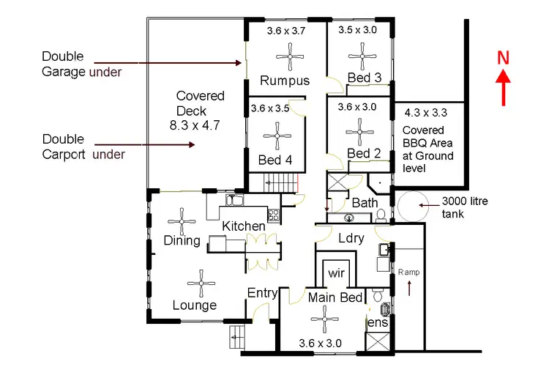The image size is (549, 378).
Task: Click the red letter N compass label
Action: [x=503, y=58]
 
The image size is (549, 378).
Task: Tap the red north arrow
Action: [x=503, y=88]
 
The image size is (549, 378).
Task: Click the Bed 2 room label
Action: [x=364, y=153]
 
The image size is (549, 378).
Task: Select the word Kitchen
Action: [x=244, y=226]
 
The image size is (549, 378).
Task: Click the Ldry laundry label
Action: [x=351, y=238]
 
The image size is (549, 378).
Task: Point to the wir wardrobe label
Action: [x=337, y=273]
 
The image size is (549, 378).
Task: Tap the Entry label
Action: [x=262, y=293]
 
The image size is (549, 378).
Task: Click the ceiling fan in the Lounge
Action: [x=200, y=281]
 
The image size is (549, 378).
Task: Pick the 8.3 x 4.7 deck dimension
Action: [x=194, y=125]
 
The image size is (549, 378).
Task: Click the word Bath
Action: [x=364, y=202]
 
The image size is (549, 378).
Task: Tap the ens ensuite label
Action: [x=378, y=322]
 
